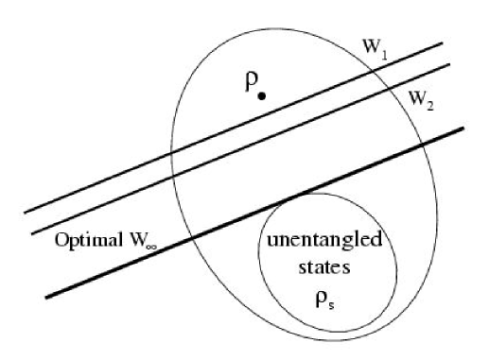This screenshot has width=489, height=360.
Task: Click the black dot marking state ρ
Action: click(x=262, y=95)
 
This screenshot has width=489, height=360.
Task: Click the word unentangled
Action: click(x=323, y=241)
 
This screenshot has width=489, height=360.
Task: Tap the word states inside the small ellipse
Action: click(x=323, y=267)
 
